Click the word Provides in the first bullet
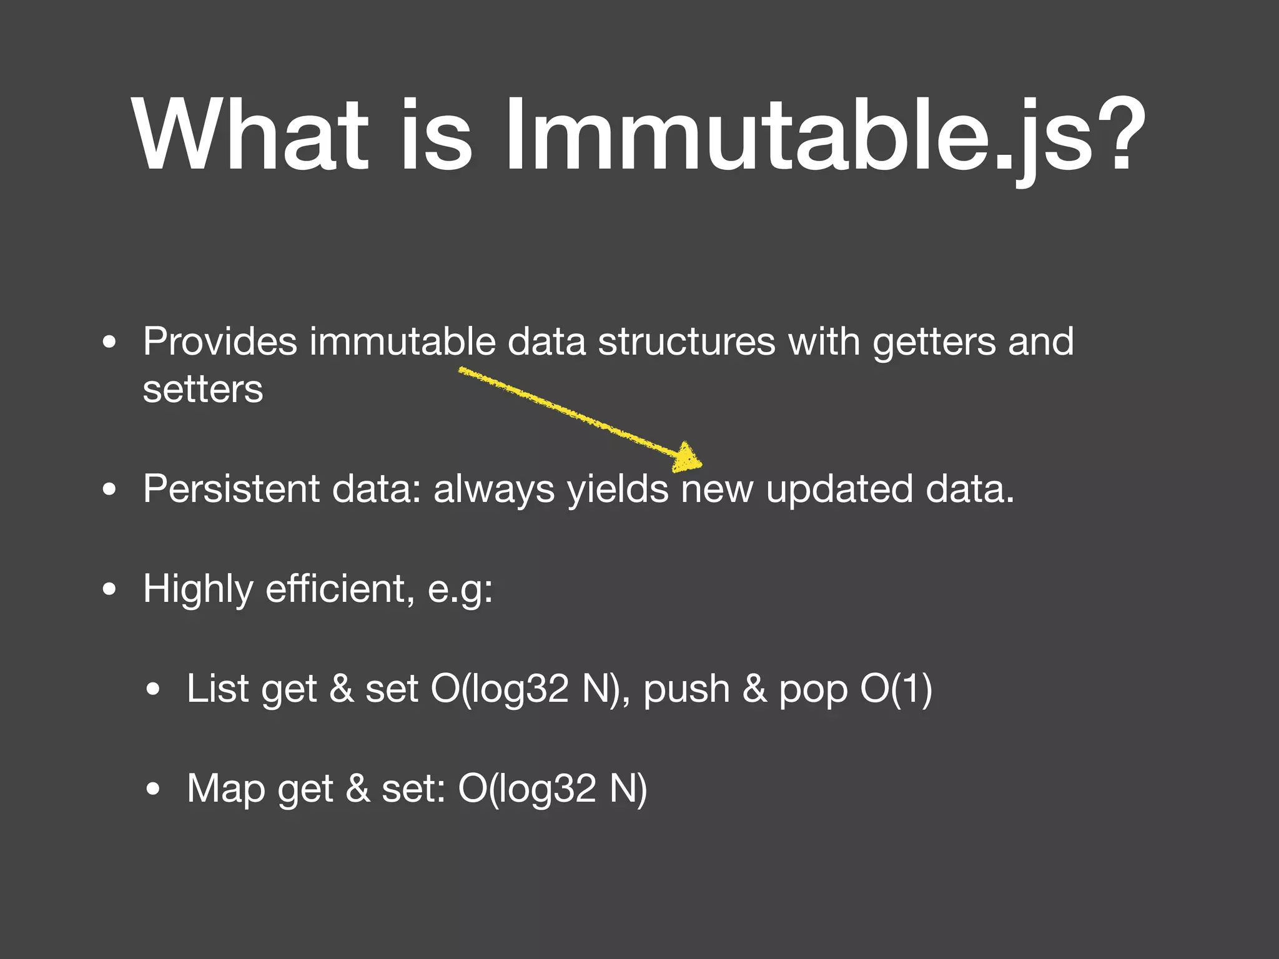(220, 342)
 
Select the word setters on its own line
(203, 390)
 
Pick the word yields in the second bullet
(618, 489)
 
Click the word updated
(839, 489)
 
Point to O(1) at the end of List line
(896, 689)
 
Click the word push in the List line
(686, 689)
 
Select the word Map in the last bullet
(225, 789)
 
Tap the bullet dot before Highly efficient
(110, 589)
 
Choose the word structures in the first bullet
(686, 342)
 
